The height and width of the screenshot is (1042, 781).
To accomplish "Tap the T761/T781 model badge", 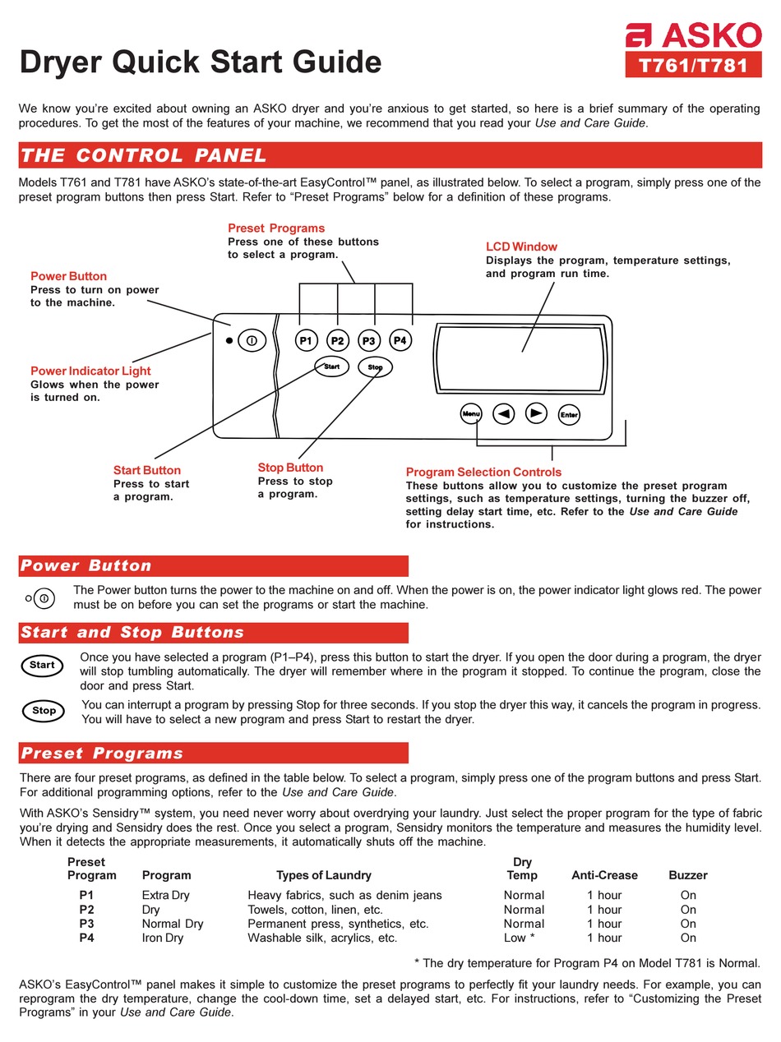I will click(695, 66).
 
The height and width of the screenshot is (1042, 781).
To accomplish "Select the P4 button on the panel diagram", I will click(400, 340).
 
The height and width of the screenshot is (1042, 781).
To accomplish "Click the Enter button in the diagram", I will click(569, 415).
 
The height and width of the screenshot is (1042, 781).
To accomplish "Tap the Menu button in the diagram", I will click(470, 414).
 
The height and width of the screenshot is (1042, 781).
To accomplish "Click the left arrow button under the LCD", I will click(503, 414).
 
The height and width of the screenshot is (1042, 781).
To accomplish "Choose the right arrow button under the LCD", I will click(536, 414).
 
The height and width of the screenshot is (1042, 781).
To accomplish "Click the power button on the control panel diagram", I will click(252, 340).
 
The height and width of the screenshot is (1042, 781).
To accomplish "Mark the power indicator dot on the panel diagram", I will click(229, 340).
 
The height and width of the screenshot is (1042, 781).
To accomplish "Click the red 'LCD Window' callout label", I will click(521, 247).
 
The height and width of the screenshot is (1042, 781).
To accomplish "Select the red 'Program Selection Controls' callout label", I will click(483, 472).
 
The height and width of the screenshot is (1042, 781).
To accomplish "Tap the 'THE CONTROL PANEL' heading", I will click(144, 155).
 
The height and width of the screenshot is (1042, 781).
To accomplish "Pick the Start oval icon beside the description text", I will click(42, 666).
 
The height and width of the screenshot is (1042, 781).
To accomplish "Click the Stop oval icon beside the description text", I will click(44, 711).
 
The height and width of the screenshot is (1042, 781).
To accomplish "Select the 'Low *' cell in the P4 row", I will click(520, 938).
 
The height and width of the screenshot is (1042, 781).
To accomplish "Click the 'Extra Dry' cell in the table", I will click(165, 895).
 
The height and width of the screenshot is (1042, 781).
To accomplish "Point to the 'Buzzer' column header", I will click(687, 875).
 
